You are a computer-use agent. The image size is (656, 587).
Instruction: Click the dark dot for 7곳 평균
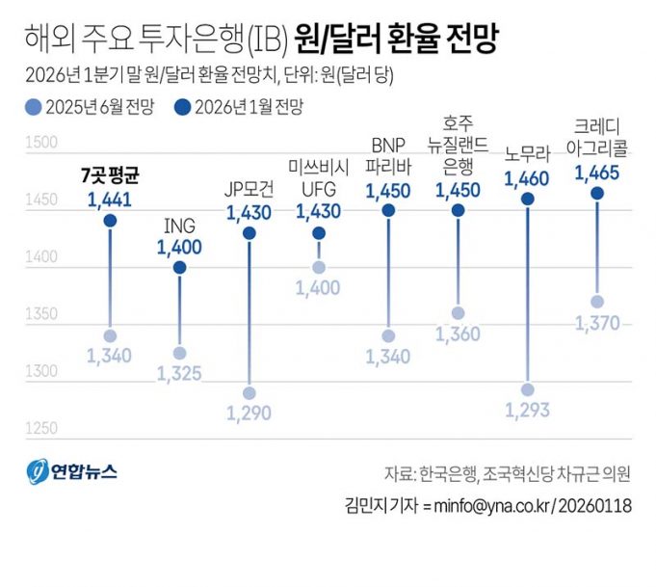[110, 221]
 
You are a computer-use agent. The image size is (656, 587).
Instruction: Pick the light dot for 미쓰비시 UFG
[319, 267]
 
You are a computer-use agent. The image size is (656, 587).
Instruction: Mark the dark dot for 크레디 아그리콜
[597, 193]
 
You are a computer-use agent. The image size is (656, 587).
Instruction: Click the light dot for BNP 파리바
[388, 335]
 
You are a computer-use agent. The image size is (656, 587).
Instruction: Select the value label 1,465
[597, 173]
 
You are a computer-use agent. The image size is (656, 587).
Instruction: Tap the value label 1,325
[179, 373]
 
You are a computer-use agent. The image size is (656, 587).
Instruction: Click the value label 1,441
[110, 200]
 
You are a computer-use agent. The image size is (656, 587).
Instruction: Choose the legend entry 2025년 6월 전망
[86, 107]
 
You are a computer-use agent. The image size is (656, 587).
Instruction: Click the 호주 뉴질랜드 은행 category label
[458, 145]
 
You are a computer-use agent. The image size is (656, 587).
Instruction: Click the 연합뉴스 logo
[73, 472]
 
